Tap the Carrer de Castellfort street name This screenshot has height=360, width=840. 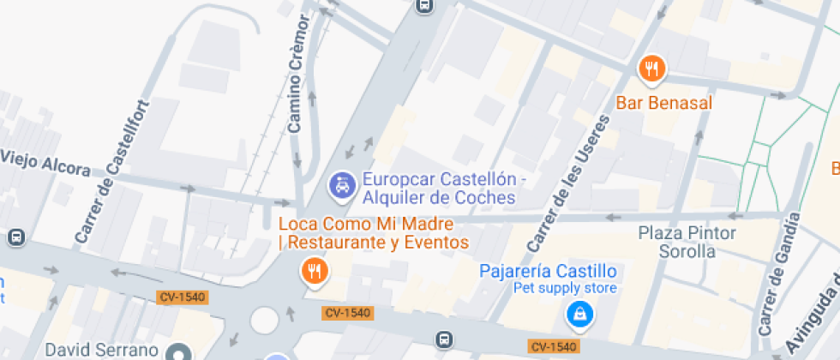112,171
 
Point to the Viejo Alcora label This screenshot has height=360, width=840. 45,162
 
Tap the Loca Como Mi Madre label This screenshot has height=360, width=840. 374,233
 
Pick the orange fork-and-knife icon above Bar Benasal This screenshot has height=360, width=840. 652,69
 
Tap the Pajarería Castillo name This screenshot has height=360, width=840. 548,271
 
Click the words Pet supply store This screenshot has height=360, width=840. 565,288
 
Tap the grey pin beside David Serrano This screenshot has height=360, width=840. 178,351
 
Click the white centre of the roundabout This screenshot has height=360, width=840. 265,321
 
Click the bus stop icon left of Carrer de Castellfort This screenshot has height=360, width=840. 15,237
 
